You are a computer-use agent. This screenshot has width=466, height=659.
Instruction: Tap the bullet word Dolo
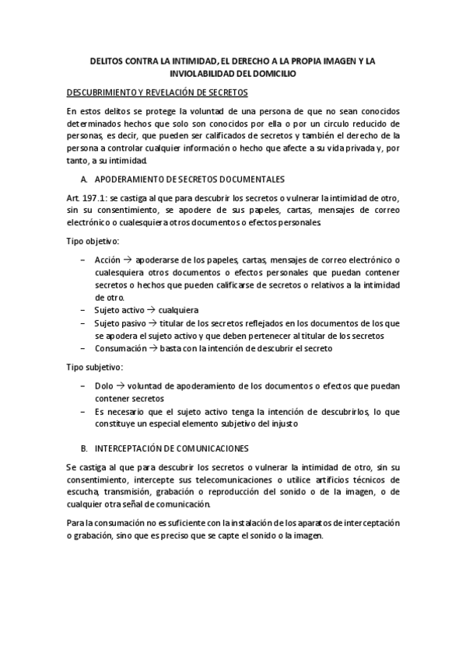pyautogui.click(x=103, y=385)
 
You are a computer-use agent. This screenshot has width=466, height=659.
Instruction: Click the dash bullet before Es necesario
pyautogui.click(x=82, y=410)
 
